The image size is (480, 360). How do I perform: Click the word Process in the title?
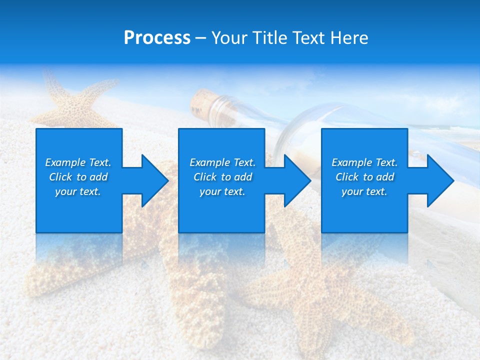click(157, 38)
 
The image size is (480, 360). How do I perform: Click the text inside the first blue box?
click(78, 177)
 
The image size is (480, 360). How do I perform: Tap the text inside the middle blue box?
click(222, 177)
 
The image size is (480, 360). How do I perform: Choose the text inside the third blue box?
click(364, 177)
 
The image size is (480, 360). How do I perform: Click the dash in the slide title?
click(201, 38)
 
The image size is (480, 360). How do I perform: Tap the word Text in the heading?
click(308, 38)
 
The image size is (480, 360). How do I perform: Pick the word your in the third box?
click(352, 191)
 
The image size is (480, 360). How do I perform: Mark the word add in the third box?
click(385, 177)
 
